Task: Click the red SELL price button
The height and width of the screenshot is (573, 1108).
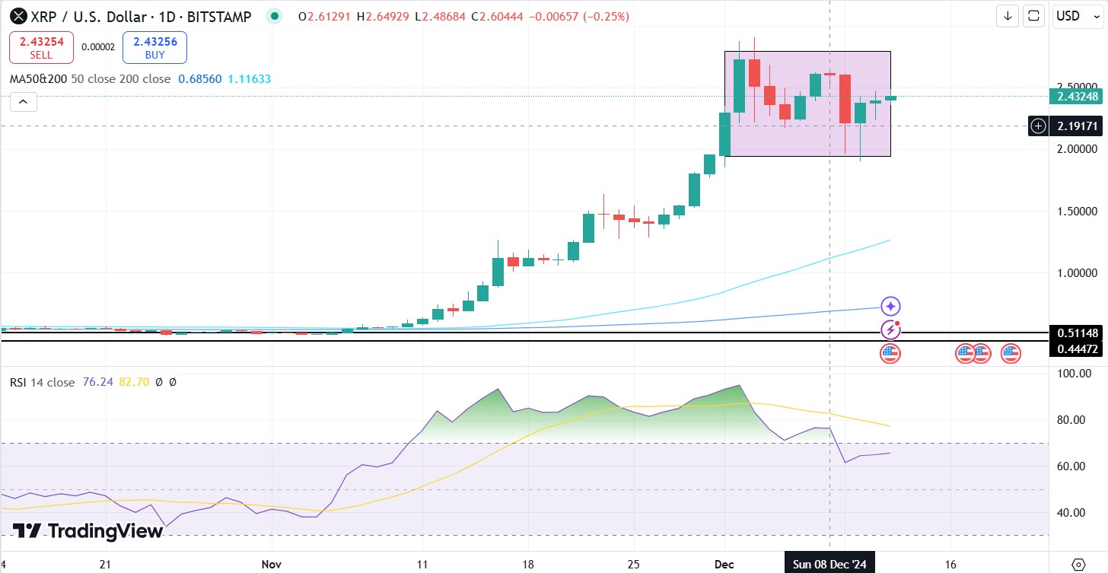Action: (x=41, y=47)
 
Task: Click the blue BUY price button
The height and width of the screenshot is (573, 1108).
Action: (x=154, y=47)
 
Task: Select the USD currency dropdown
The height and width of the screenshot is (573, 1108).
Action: (x=1078, y=16)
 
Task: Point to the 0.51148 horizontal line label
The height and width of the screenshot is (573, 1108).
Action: (x=1077, y=333)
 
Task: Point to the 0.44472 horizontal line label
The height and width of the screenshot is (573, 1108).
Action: (x=1077, y=349)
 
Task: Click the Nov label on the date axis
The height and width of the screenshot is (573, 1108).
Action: (x=272, y=565)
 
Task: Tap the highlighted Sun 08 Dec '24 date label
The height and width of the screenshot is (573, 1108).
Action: (x=829, y=565)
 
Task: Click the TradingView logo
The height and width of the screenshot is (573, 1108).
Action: (x=88, y=530)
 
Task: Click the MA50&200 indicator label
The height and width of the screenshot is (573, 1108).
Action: (x=38, y=78)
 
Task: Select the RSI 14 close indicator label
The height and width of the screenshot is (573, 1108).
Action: (x=42, y=382)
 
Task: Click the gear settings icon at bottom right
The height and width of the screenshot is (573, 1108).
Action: (x=1078, y=564)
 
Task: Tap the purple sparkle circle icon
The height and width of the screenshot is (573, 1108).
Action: (x=890, y=307)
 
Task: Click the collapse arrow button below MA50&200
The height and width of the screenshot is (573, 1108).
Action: (x=23, y=102)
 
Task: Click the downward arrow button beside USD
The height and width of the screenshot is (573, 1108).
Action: (x=1008, y=16)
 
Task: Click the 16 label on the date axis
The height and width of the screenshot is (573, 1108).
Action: (x=950, y=565)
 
